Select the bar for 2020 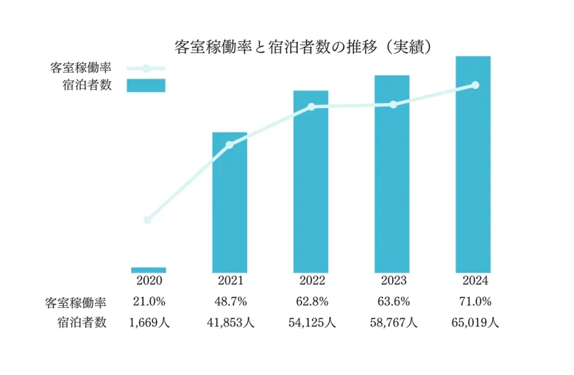[x=149, y=270]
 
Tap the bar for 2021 [x=230, y=202]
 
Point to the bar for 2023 [x=391, y=174]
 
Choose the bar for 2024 [x=472, y=164]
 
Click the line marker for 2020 [x=148, y=220]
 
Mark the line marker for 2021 [x=230, y=145]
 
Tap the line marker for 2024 [x=475, y=85]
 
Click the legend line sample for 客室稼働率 [x=146, y=68]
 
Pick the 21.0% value [x=149, y=301]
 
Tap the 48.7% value [x=230, y=301]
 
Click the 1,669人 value [x=149, y=322]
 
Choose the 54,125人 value [x=311, y=322]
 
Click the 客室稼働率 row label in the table [x=76, y=302]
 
